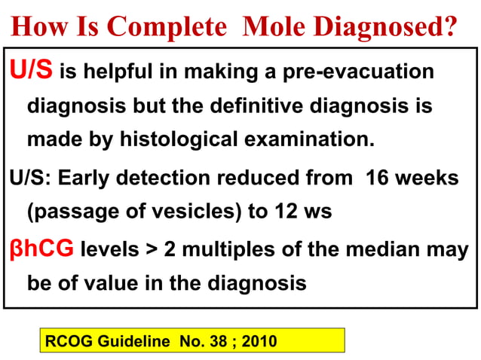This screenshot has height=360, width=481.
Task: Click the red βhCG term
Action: point(41,249)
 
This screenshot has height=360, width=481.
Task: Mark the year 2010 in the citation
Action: point(261,341)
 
